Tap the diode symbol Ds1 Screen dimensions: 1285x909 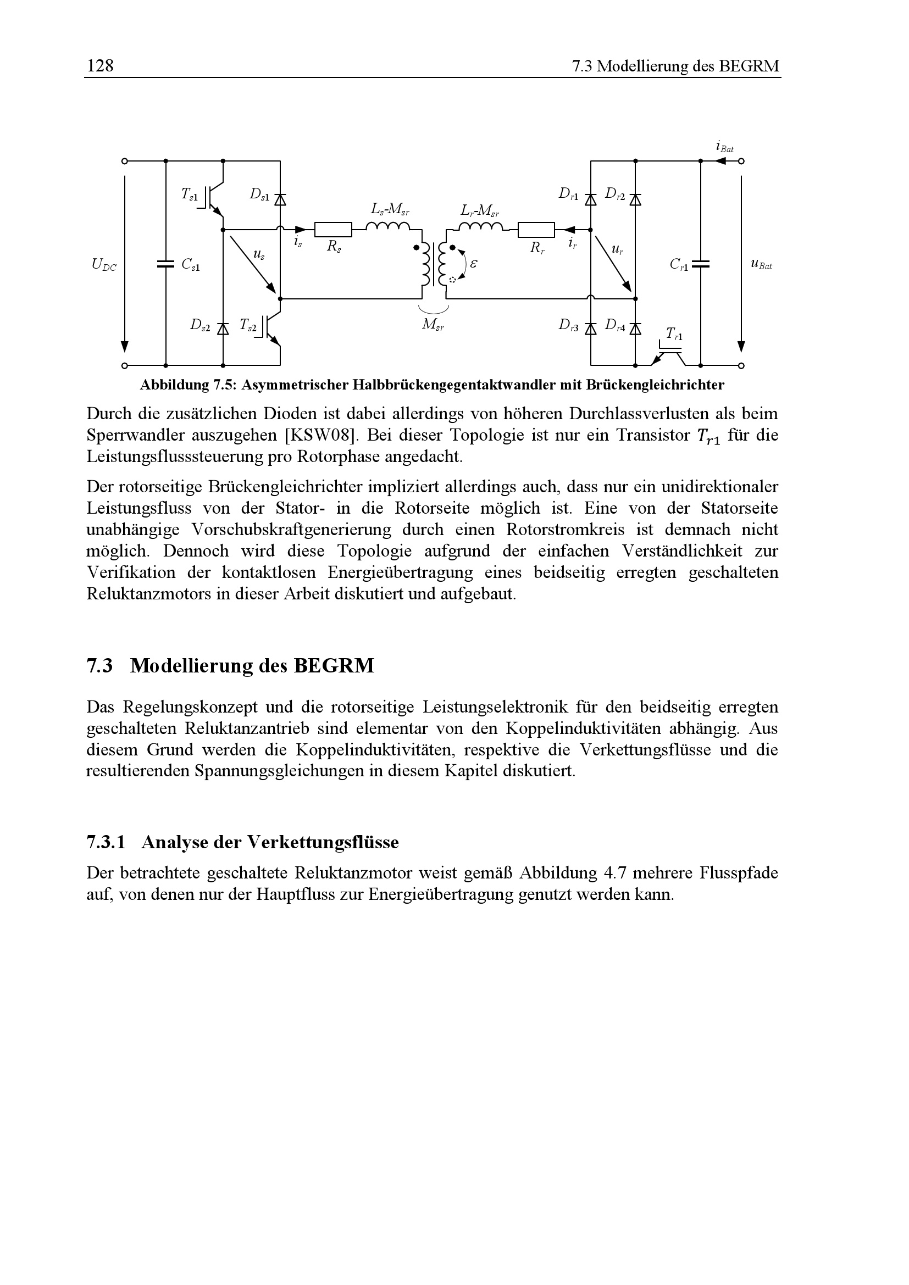tap(280, 199)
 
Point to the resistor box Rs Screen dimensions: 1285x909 tap(333, 230)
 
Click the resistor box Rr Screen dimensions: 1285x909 tap(536, 230)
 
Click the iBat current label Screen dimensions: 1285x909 tap(724, 147)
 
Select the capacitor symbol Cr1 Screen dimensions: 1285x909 tap(700, 264)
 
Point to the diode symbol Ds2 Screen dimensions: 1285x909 tap(223, 329)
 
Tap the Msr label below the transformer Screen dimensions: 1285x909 tap(433, 325)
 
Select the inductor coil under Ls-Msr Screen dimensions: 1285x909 tap(389, 226)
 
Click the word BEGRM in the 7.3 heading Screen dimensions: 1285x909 tap(334, 666)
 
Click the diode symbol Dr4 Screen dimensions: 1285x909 tap(635, 329)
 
